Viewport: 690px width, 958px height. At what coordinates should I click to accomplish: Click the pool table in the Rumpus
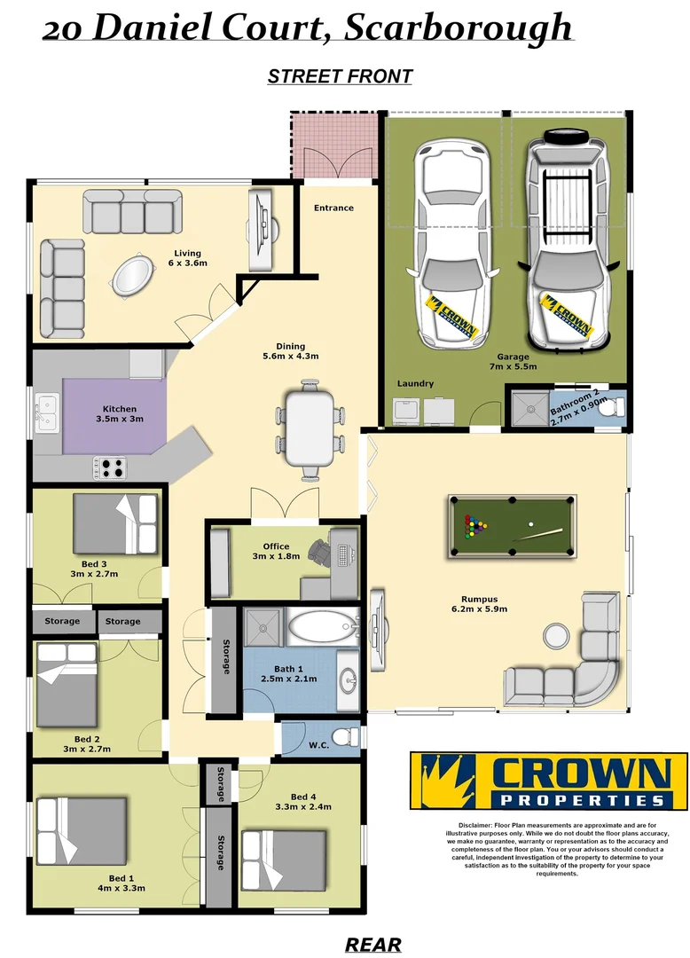pyautogui.click(x=510, y=528)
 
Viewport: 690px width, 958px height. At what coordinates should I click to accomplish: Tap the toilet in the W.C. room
pyautogui.click(x=349, y=737)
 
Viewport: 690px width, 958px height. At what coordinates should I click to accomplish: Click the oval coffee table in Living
pyautogui.click(x=130, y=275)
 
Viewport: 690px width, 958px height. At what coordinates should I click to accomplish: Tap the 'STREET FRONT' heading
pyautogui.click(x=340, y=76)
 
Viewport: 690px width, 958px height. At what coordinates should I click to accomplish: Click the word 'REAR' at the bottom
pyautogui.click(x=372, y=945)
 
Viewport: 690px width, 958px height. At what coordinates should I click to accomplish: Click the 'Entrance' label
pyautogui.click(x=333, y=208)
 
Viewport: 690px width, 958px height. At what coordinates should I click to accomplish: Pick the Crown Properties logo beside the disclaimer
pyautogui.click(x=548, y=781)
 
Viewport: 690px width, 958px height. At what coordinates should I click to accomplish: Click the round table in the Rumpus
pyautogui.click(x=556, y=634)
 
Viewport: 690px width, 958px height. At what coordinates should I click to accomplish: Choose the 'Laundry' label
pyautogui.click(x=415, y=384)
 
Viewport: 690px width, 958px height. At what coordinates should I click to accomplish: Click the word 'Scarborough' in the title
pyautogui.click(x=458, y=27)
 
